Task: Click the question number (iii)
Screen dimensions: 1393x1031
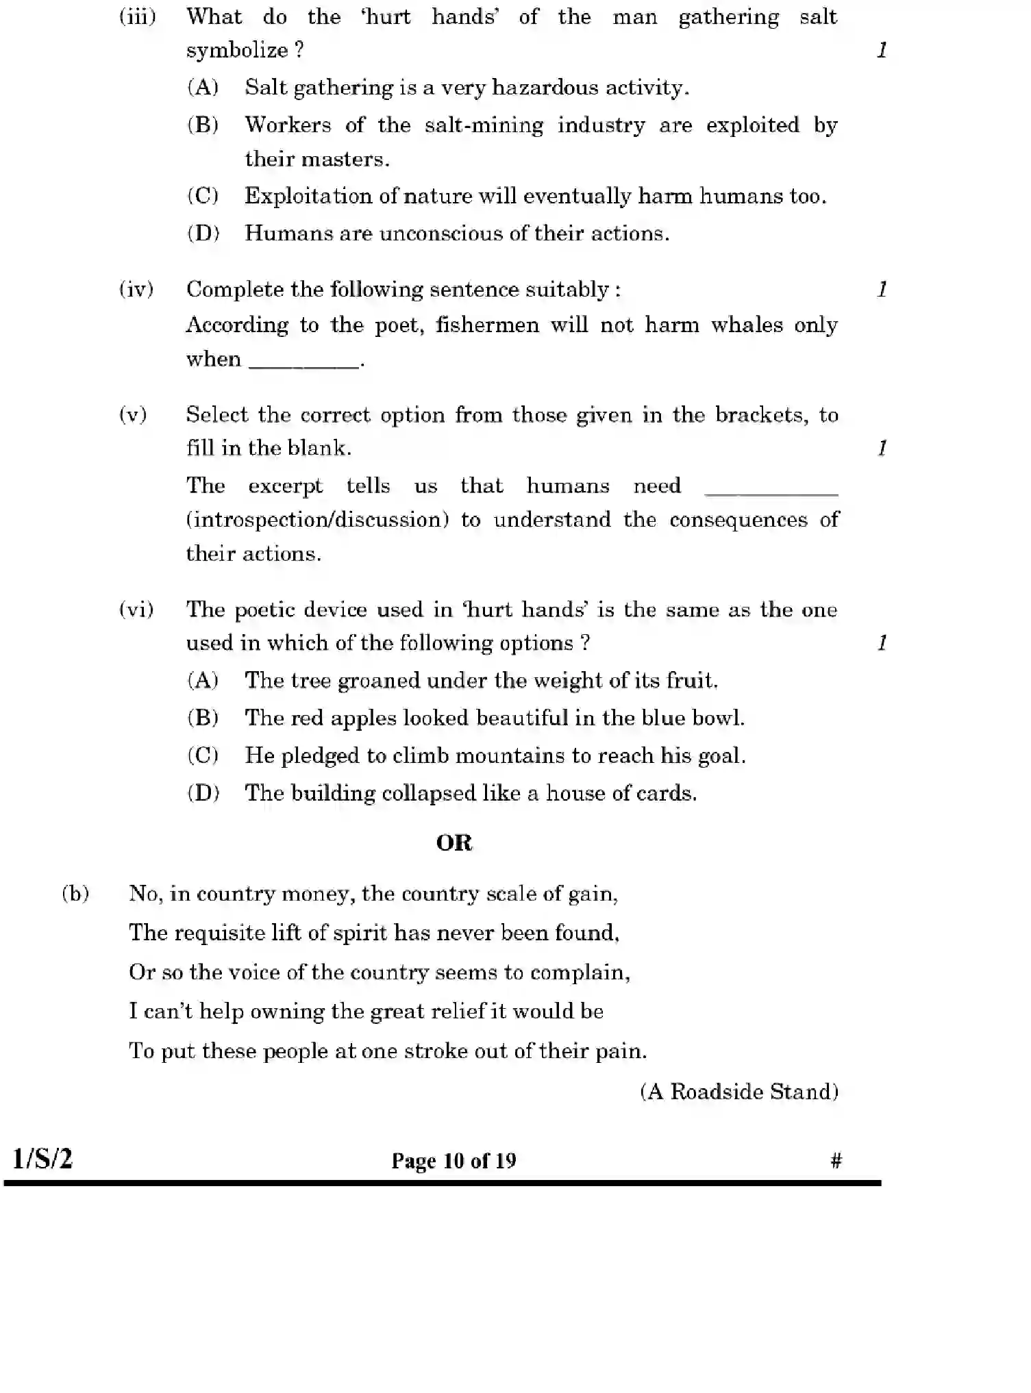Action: pyautogui.click(x=138, y=16)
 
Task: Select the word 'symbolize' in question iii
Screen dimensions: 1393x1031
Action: pyautogui.click(x=237, y=50)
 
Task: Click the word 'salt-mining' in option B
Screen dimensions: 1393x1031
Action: pyautogui.click(x=484, y=125)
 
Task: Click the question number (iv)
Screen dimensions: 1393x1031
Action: pyautogui.click(x=136, y=289)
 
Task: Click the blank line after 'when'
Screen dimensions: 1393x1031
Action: pyautogui.click(x=304, y=364)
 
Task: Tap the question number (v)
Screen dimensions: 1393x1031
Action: pyautogui.click(x=133, y=415)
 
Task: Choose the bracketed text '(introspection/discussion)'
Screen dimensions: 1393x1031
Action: pyautogui.click(x=317, y=520)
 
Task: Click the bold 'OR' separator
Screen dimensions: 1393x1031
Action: pyautogui.click(x=454, y=843)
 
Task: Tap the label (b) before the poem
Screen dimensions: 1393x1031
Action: pyautogui.click(x=75, y=894)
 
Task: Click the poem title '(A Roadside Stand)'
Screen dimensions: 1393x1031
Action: pyautogui.click(x=739, y=1092)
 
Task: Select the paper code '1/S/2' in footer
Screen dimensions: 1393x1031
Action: pyautogui.click(x=42, y=1159)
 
